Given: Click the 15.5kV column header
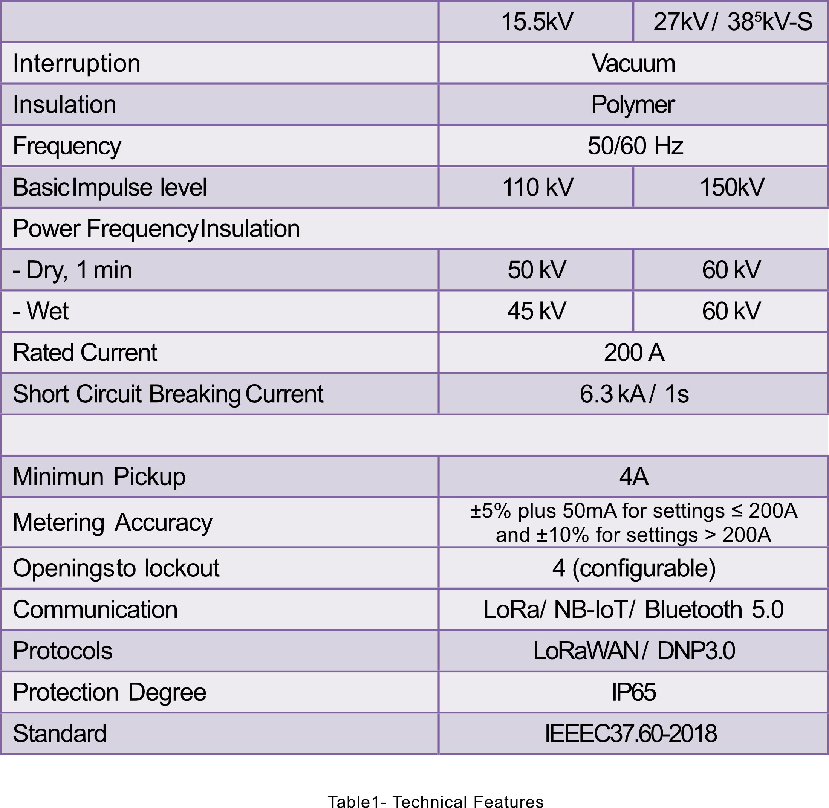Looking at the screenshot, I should (537, 22).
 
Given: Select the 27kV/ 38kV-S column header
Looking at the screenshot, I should (732, 22).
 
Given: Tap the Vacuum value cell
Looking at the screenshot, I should (633, 64).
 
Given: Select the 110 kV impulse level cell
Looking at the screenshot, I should (537, 187).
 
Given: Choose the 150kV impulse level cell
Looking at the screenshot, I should (732, 187).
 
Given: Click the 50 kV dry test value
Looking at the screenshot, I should (537, 270).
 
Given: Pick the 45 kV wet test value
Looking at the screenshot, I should (537, 311).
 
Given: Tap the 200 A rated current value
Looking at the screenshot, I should (634, 353).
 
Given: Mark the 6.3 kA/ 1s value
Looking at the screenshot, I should (634, 394).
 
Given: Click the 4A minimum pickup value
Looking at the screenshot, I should (633, 477).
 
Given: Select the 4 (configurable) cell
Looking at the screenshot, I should (633, 568).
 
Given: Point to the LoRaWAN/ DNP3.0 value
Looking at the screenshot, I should (634, 651).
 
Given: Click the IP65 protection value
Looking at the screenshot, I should (633, 692).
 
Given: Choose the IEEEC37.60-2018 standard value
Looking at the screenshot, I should (631, 733).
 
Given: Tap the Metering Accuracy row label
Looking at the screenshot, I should (113, 522).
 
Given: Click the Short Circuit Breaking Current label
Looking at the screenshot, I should (168, 394).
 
